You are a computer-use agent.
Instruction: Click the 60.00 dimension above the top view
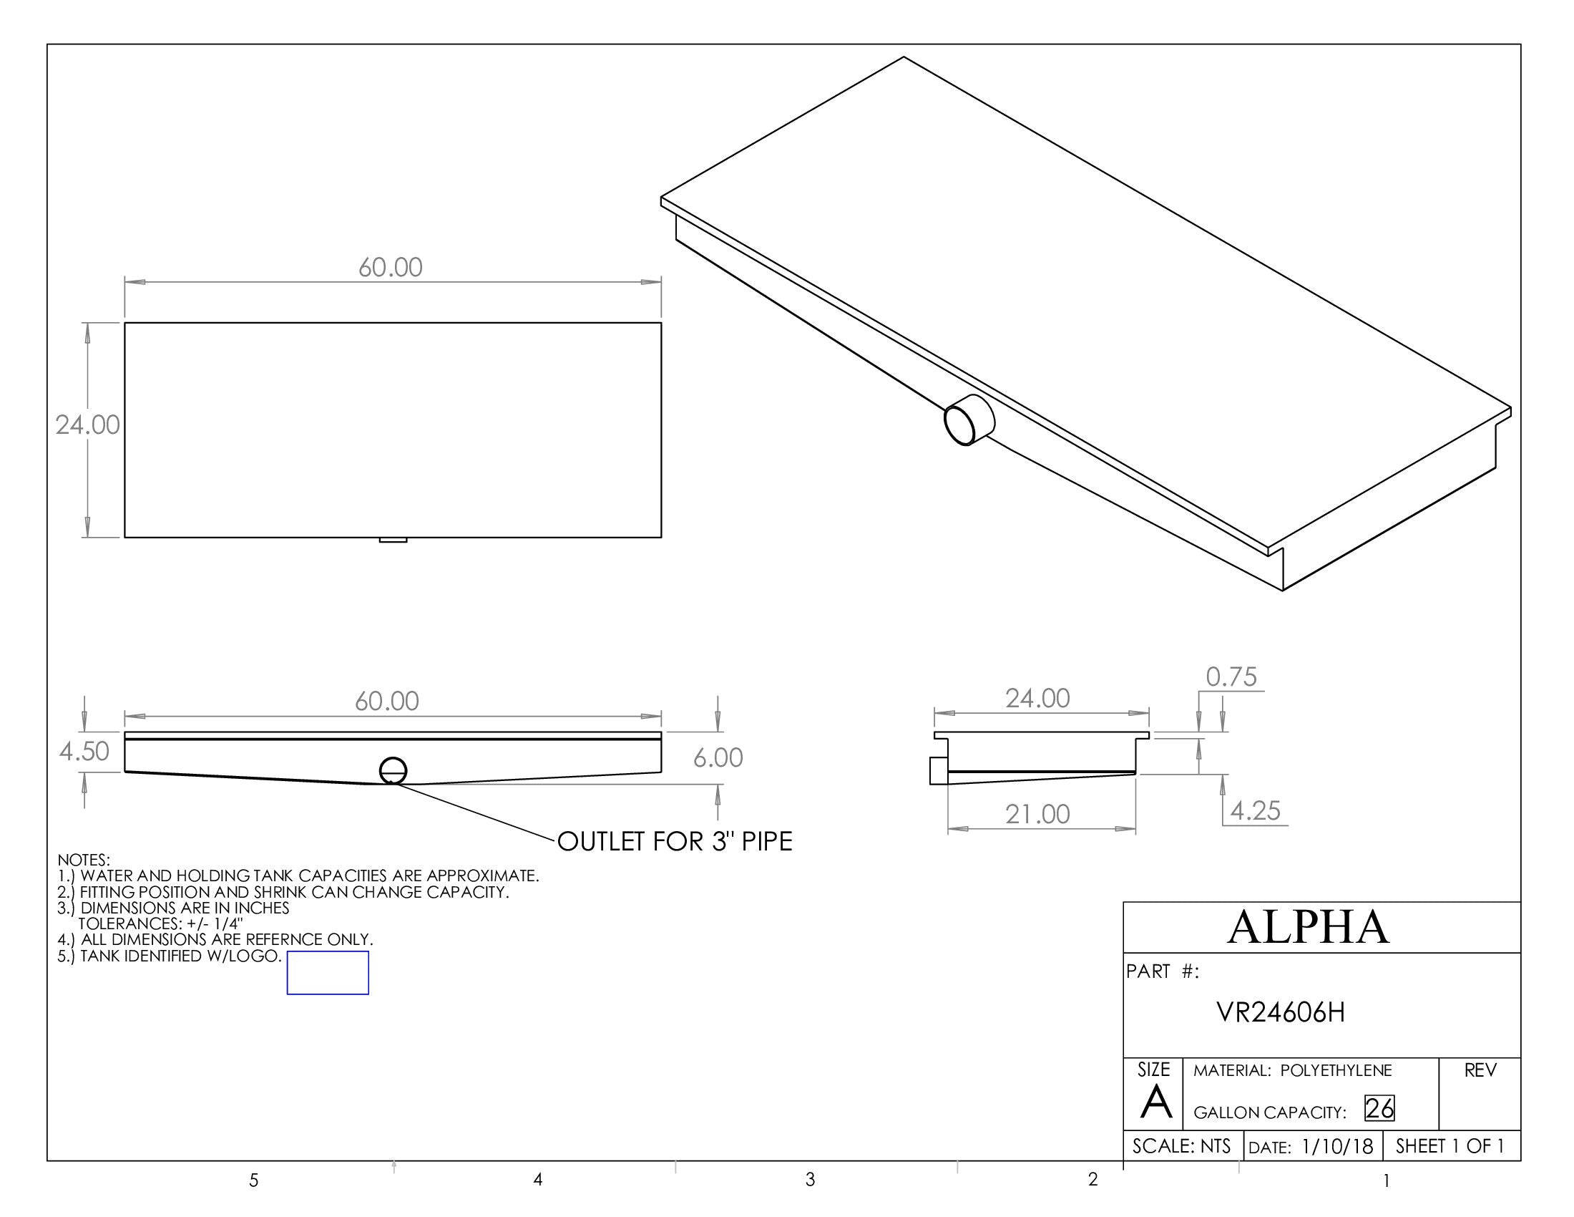[x=390, y=268]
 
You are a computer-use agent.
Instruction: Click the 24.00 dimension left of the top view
[x=87, y=425]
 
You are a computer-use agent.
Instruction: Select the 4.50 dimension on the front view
[x=84, y=751]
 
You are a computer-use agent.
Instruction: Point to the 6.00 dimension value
[x=717, y=757]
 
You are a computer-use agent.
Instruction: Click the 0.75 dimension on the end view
[x=1231, y=677]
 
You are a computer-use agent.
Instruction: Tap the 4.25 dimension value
[x=1255, y=811]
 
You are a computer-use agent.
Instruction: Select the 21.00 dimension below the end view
[x=1037, y=814]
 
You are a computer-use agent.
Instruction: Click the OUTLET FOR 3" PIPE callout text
[x=675, y=841]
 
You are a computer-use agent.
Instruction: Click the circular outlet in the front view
[x=393, y=771]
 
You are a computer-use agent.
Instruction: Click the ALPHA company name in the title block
[x=1307, y=927]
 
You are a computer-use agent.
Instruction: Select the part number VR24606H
[x=1280, y=1012]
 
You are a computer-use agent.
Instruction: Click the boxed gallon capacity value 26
[x=1379, y=1108]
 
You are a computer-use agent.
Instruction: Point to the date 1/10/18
[x=1337, y=1146]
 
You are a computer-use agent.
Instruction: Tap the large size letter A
[x=1155, y=1102]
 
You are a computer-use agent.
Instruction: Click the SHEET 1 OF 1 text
[x=1450, y=1145]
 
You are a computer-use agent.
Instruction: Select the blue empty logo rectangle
[x=327, y=973]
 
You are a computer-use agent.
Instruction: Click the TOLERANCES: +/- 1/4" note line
[x=160, y=923]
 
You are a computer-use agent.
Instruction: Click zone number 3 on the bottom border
[x=810, y=1180]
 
